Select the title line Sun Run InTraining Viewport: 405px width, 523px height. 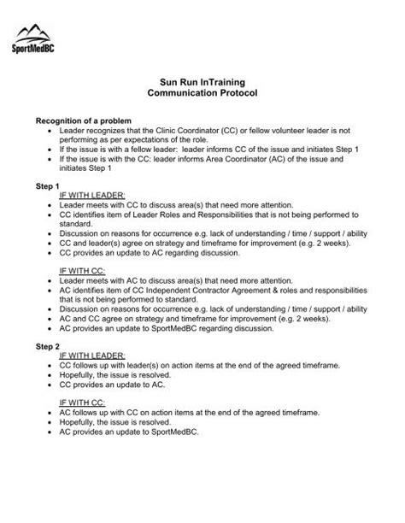(x=202, y=78)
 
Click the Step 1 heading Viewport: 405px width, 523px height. (x=47, y=185)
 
